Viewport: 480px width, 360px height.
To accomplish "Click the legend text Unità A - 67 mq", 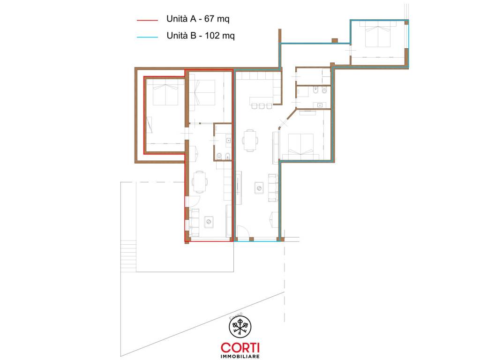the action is pos(198,19).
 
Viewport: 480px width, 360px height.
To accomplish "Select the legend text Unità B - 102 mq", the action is pos(201,36).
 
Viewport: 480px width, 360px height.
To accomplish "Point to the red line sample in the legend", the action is pos(147,20).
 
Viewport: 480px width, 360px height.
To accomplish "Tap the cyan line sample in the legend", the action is pos(147,37).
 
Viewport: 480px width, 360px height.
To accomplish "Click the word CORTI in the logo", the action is pos(240,347).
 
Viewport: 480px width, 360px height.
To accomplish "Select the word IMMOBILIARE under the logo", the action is pos(240,356).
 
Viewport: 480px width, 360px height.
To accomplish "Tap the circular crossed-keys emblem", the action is pos(240,327).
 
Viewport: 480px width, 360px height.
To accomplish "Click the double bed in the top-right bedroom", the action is pos(378,34).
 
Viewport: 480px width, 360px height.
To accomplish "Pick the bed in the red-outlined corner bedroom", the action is pos(165,92).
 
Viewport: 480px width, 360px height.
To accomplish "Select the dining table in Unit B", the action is pos(250,141).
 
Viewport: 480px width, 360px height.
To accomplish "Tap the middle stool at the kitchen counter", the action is pos(262,106).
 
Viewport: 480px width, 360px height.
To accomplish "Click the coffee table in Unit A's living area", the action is pos(209,222).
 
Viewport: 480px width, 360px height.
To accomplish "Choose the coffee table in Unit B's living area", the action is pos(259,187).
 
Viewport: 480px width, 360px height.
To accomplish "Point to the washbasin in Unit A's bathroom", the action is pos(228,141).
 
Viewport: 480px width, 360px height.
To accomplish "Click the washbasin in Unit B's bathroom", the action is pos(320,105).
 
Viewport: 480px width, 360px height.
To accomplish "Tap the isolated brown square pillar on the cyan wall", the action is pos(335,40).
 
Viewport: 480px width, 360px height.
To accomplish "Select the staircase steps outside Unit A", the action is pos(128,255).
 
